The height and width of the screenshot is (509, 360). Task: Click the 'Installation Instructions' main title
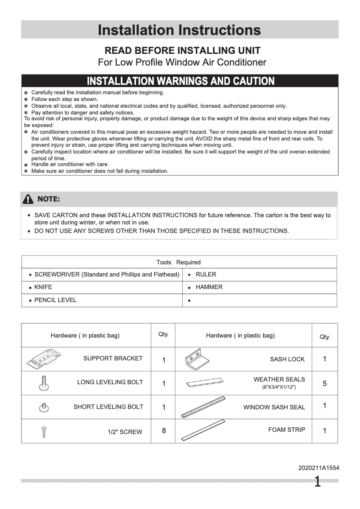(x=179, y=30)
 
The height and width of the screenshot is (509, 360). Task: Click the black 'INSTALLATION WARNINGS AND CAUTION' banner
(x=180, y=81)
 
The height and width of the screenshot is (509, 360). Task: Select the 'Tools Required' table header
(x=179, y=262)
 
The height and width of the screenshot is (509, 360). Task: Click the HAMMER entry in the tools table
(x=209, y=287)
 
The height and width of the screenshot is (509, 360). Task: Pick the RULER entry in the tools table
(x=206, y=275)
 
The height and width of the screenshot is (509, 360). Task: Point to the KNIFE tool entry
(x=43, y=287)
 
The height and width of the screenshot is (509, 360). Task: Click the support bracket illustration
(x=44, y=359)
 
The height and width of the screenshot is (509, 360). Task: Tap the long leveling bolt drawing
(x=44, y=382)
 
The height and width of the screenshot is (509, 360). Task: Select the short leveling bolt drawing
(x=44, y=408)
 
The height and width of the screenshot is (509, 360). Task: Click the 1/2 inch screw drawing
(x=44, y=432)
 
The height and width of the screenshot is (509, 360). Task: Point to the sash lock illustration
(x=197, y=359)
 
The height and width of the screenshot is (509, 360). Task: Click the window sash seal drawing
(x=203, y=407)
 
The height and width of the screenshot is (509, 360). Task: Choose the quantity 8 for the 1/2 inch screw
(x=164, y=431)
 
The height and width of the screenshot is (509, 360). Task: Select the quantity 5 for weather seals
(x=325, y=384)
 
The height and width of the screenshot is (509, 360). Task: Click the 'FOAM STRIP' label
(x=286, y=430)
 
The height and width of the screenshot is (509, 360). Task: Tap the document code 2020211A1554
(x=319, y=468)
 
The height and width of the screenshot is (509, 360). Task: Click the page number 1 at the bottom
(x=317, y=483)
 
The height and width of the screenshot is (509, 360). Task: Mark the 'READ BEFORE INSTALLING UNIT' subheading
(x=182, y=51)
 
